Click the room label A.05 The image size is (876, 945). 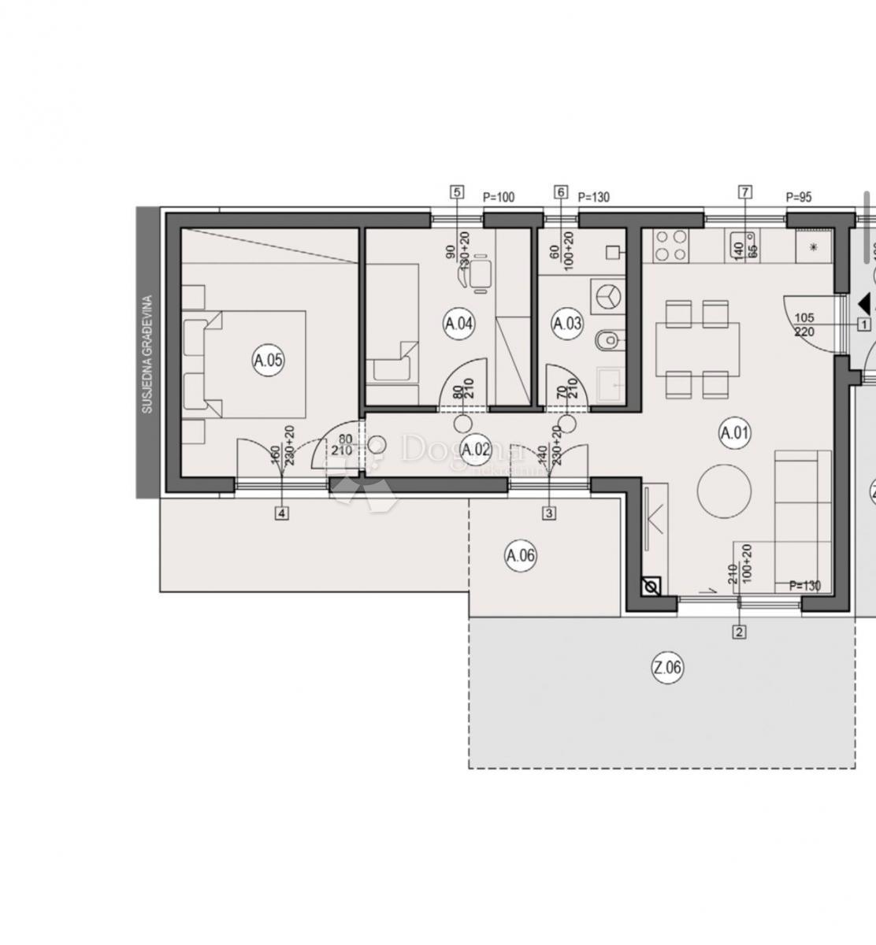tap(268, 361)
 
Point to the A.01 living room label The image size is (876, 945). tap(735, 432)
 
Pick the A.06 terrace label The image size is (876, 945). tap(520, 556)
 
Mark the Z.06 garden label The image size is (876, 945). tap(667, 669)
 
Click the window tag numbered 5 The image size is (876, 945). tap(456, 191)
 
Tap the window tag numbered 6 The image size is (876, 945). tap(561, 191)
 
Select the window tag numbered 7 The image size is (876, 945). tap(745, 191)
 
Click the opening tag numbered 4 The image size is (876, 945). tap(282, 513)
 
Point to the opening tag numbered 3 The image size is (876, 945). tap(549, 513)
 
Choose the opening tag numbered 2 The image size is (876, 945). tap(739, 631)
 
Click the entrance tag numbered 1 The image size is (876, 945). tap(864, 324)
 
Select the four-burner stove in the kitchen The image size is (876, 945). tap(670, 245)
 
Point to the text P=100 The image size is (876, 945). tap(498, 197)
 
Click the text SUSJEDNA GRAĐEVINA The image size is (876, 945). tap(147, 354)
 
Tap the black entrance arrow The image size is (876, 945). tap(865, 302)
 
